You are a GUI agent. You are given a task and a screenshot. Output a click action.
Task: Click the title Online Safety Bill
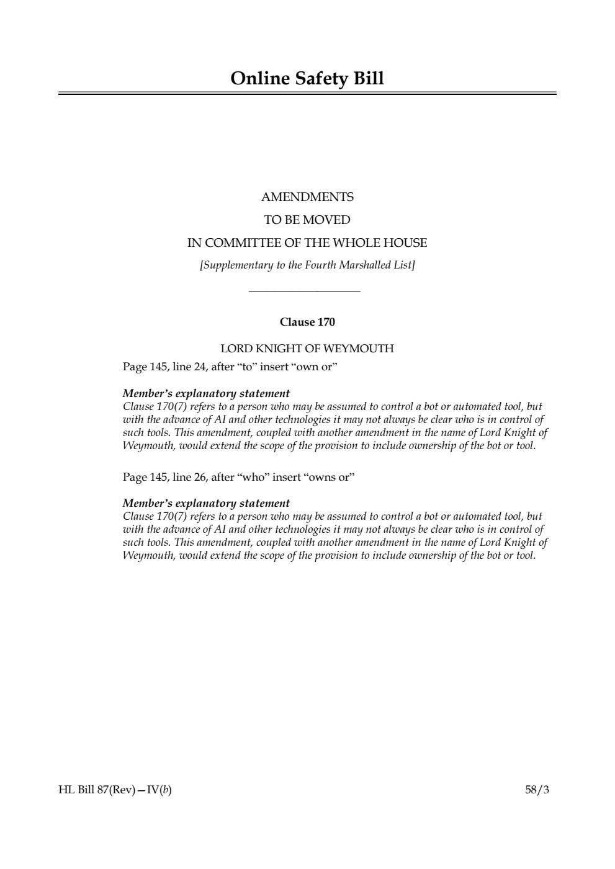(x=307, y=79)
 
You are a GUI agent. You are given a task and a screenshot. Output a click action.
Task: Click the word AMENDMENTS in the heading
(x=307, y=197)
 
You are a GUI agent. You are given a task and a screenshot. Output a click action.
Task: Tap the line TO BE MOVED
(x=307, y=220)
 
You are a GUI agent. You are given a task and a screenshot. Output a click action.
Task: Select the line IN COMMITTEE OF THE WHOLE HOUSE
(x=307, y=243)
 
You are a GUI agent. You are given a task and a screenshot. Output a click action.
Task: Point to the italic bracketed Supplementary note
(x=307, y=265)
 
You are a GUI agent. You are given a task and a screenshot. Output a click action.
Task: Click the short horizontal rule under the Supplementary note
(x=304, y=291)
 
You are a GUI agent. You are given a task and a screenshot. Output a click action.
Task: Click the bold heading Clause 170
(x=307, y=322)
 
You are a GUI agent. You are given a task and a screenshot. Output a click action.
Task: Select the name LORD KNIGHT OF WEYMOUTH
(x=307, y=349)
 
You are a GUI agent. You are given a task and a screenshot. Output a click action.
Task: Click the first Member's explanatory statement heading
(x=206, y=394)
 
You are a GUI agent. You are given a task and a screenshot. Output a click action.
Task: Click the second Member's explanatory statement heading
(x=206, y=504)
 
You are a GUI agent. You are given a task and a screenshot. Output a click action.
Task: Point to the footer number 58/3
(x=537, y=790)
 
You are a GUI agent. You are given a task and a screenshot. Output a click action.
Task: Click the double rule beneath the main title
(x=307, y=94)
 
